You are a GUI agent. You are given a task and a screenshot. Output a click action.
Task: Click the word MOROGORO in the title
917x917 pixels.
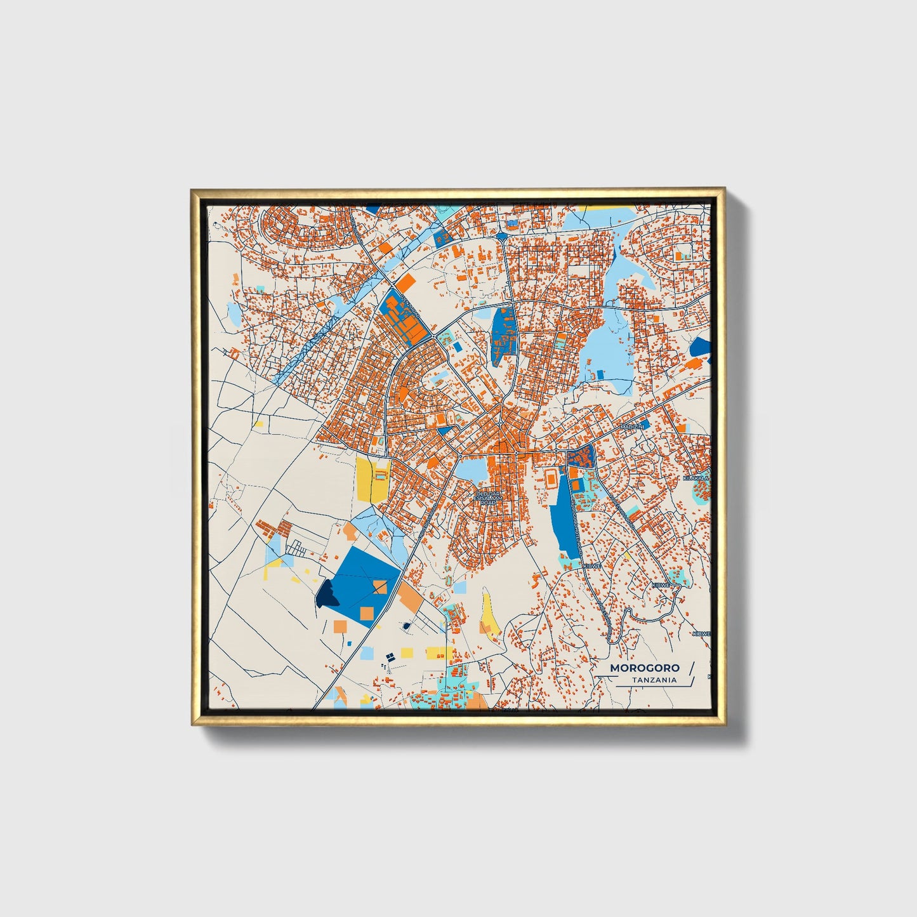point(644,668)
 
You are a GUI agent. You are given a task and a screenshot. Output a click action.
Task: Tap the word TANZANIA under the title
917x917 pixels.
point(654,680)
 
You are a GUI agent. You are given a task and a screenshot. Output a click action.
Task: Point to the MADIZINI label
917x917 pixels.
point(633,427)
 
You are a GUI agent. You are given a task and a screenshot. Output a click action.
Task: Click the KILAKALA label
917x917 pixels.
point(696,478)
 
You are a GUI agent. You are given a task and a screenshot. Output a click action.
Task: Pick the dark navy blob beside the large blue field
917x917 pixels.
point(327,593)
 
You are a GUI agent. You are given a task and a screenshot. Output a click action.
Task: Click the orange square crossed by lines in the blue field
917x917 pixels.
point(379,586)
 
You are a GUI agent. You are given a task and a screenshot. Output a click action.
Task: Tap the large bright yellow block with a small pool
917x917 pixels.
point(372,480)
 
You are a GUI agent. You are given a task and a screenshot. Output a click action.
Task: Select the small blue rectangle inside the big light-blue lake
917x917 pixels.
point(600,374)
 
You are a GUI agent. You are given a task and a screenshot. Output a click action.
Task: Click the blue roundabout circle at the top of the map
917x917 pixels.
point(502,236)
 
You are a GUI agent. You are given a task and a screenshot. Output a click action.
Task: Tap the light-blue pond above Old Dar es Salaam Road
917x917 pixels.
point(472,470)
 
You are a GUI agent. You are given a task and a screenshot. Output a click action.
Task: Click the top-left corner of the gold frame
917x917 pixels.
point(192,190)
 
